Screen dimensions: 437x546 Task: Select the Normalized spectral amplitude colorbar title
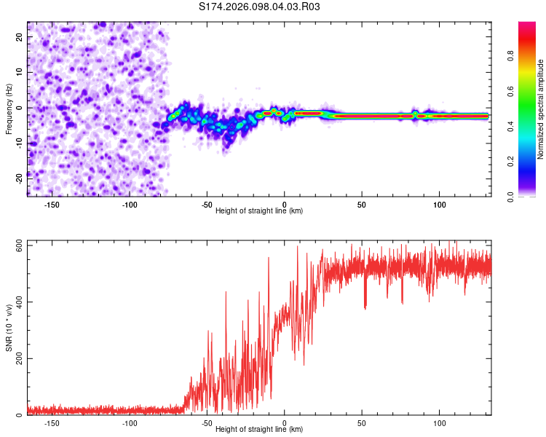[x=541, y=109]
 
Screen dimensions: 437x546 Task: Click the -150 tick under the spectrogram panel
[x=52, y=205]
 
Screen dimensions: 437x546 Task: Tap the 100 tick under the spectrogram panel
[x=439, y=205]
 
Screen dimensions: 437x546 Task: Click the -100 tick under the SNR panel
[x=130, y=423]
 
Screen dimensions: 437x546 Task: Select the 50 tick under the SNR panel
[x=362, y=423]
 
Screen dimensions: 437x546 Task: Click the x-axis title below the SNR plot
[x=259, y=430]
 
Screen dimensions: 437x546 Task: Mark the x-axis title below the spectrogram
[x=259, y=211]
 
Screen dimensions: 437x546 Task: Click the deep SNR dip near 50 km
[x=365, y=307]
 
